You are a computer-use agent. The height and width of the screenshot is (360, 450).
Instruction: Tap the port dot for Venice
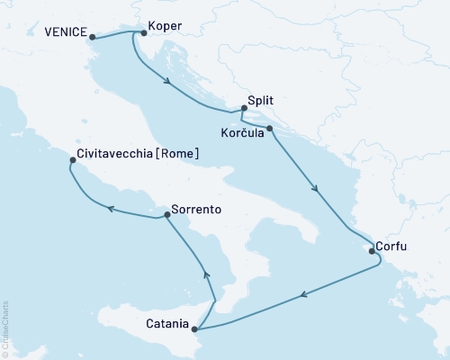coord(93,38)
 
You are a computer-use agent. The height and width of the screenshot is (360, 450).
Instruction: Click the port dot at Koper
coord(145,33)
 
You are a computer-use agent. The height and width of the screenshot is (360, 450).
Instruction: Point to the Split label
coord(261,103)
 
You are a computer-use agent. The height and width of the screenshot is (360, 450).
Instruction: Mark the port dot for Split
coord(243,109)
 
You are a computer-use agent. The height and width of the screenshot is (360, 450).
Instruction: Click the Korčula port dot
coord(269,129)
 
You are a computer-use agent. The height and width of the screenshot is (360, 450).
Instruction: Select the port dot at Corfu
coord(372,252)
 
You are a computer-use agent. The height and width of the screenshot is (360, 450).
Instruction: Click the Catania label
coord(165,323)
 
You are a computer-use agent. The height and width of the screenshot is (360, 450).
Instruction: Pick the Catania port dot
coord(194,329)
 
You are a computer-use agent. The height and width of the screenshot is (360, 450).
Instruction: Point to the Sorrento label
coord(195,210)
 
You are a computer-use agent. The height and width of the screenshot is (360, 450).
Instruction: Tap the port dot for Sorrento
coord(165,216)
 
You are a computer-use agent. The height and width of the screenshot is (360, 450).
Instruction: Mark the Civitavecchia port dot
coord(72,162)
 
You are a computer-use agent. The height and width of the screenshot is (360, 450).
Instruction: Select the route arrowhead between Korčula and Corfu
coord(315,189)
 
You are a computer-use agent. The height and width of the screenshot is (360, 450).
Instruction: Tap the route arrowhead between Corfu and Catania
coord(307,292)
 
